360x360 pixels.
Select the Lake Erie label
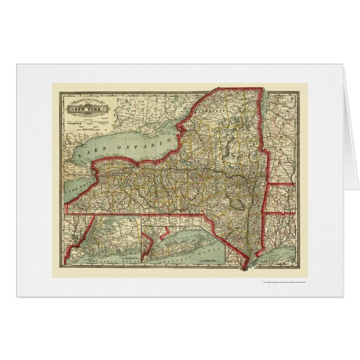(x=75, y=179)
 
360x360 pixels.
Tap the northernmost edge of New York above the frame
(x=246, y=87)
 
